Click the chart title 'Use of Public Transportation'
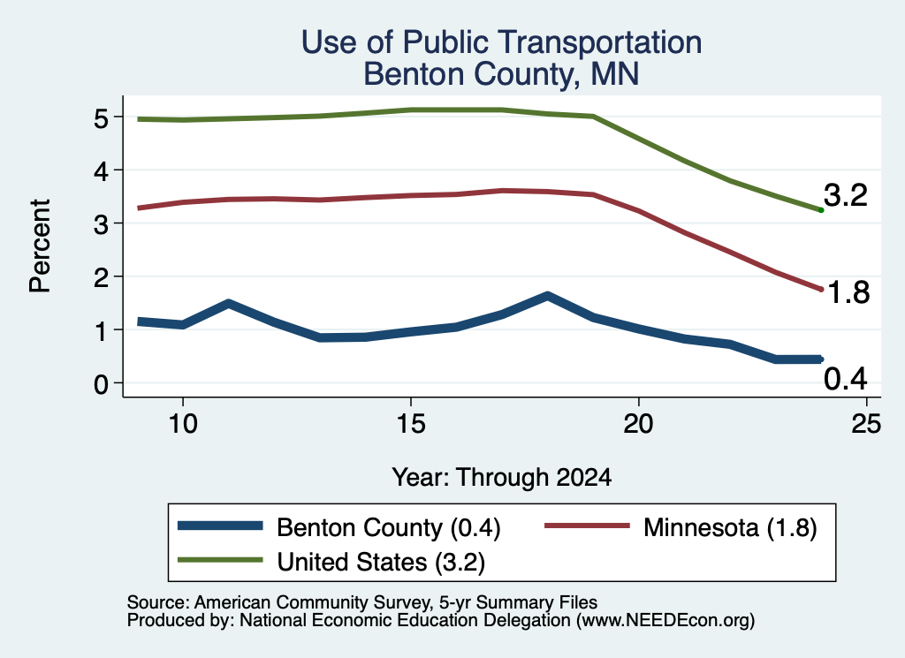502,42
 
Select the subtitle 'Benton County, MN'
502,74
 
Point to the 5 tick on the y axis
101,117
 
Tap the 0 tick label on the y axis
101,383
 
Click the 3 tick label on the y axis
101,223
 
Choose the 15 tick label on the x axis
411,424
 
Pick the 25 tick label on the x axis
866,424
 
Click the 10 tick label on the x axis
183,424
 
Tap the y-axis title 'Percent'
40,246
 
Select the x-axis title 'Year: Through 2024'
502,478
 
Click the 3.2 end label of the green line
846,195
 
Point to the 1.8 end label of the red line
848,292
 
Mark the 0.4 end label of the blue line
846,379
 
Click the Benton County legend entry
338,527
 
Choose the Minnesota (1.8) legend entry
681,527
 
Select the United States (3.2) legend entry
331,562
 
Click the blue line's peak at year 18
547,297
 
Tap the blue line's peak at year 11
229,303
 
